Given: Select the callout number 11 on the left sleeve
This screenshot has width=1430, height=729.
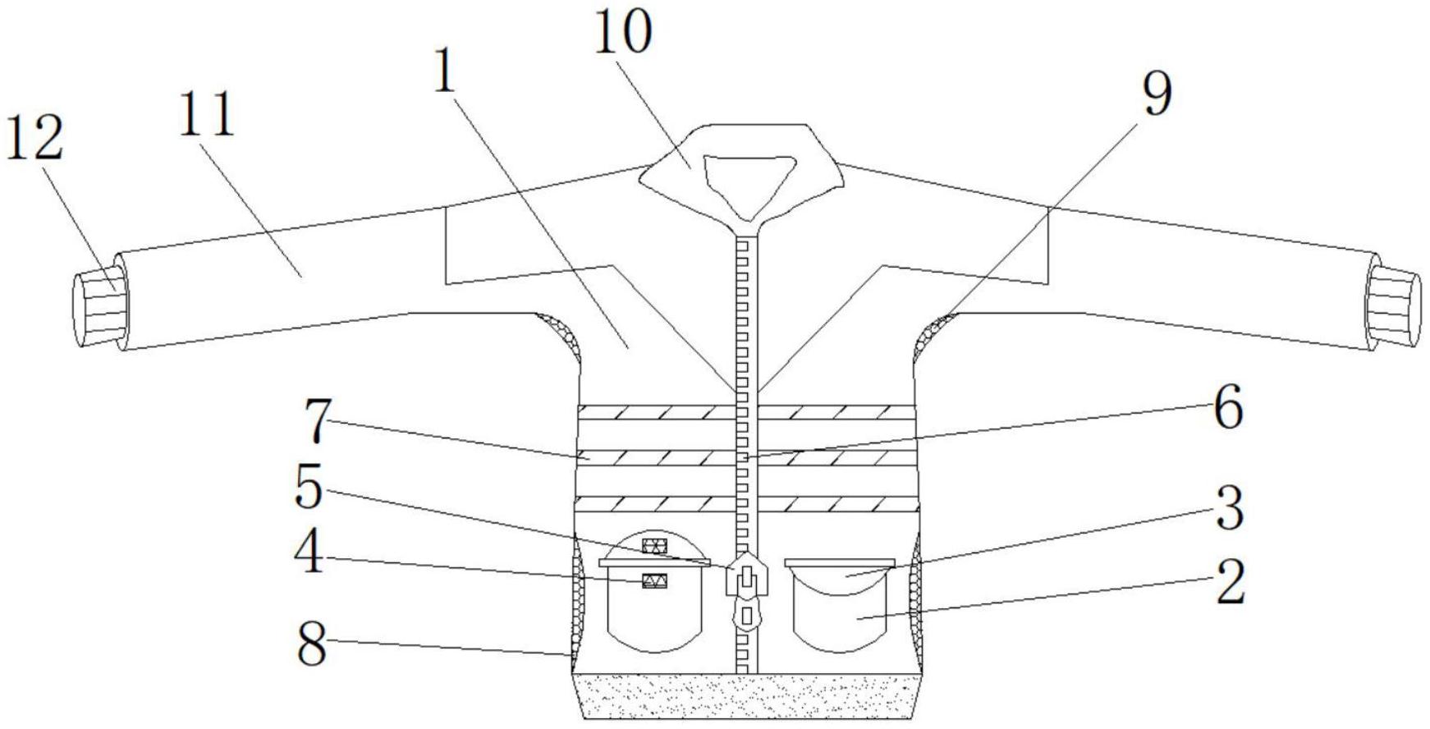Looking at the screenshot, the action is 207,114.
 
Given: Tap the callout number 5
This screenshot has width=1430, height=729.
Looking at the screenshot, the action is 309,488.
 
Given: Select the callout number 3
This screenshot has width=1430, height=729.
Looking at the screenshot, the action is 1229,509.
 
